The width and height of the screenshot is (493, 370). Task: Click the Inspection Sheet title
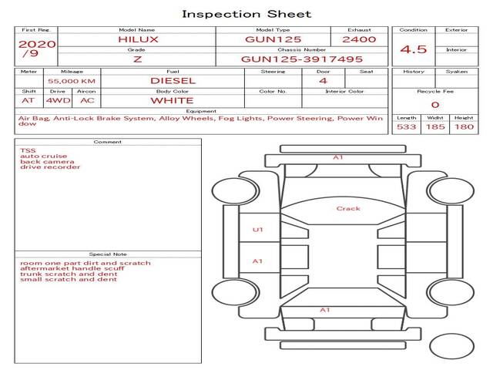click(246, 14)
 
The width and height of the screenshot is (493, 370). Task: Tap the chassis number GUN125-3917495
click(302, 59)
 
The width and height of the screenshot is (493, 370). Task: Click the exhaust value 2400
click(359, 39)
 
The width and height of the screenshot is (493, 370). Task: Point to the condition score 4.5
click(415, 49)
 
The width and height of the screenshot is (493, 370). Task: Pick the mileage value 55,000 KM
click(72, 80)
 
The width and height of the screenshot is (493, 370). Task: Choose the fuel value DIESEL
click(173, 80)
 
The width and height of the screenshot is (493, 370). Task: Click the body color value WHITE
click(172, 100)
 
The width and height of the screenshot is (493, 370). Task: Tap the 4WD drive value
click(55, 100)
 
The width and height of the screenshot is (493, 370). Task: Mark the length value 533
click(406, 126)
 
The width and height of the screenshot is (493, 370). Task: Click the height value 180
click(464, 126)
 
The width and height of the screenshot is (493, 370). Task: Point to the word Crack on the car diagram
click(348, 209)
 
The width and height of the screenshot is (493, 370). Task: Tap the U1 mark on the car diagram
click(257, 230)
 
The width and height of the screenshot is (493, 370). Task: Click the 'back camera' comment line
click(48, 161)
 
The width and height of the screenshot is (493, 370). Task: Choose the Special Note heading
click(108, 254)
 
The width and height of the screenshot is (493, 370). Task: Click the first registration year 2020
click(36, 44)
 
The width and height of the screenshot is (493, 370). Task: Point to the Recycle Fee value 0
click(434, 105)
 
